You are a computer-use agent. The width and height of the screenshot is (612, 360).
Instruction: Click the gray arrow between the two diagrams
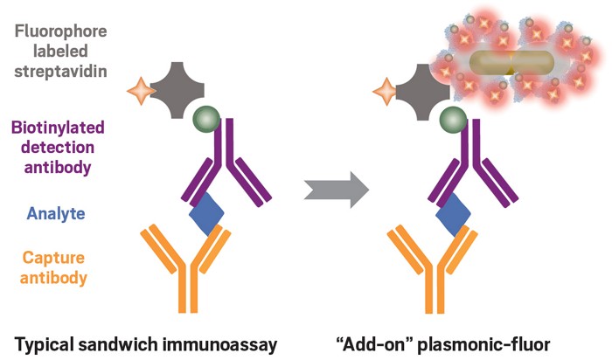(x=337, y=190)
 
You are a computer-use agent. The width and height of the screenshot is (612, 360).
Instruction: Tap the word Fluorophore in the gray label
(x=61, y=31)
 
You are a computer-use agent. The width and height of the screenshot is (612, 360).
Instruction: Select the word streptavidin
(x=61, y=72)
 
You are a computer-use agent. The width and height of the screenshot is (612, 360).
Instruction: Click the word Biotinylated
(x=59, y=128)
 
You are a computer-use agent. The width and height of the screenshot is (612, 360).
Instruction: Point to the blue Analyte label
(x=56, y=213)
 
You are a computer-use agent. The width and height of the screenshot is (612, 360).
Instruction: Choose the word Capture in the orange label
(x=53, y=258)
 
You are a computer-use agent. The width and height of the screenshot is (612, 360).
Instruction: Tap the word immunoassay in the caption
(x=219, y=345)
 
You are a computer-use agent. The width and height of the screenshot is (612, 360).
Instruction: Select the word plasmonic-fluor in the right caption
(x=484, y=345)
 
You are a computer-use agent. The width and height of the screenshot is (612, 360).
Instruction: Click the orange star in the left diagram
(x=142, y=91)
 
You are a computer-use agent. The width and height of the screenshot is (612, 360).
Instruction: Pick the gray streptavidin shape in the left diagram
(x=177, y=91)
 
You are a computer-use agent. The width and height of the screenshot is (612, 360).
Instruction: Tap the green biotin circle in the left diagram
(x=206, y=119)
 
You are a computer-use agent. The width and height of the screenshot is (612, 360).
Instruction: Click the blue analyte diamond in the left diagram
(x=206, y=214)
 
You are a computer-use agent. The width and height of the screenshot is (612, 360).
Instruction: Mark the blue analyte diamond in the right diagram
(x=453, y=215)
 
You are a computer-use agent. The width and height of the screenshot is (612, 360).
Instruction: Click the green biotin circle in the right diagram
(x=453, y=120)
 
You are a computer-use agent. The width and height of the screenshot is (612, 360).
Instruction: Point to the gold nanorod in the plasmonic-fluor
(x=511, y=63)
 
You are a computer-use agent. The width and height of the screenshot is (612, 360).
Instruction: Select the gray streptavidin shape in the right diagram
(x=424, y=92)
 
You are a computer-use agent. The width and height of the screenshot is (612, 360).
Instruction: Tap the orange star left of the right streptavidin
(x=386, y=92)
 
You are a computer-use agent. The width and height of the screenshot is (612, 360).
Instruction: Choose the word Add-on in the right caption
(x=374, y=344)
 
